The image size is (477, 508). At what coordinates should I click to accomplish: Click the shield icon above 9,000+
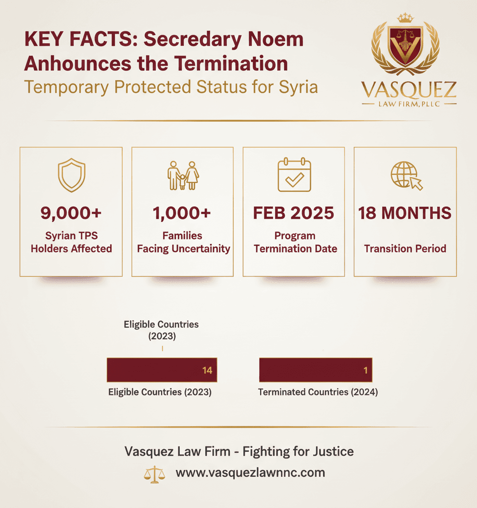71,176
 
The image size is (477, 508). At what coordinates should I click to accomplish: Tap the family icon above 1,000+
183,176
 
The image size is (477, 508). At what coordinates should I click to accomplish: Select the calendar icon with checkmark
294,175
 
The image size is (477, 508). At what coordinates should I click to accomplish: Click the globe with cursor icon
406,175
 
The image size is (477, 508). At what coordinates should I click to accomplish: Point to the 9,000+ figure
71,213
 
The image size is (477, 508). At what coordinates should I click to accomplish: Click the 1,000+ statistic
182,213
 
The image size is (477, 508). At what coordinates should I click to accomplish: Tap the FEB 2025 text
294,213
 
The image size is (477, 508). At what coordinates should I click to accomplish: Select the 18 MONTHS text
405,213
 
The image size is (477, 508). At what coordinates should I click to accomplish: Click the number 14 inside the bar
207,370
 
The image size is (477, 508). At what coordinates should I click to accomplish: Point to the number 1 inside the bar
365,370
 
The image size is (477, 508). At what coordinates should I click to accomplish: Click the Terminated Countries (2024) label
318,392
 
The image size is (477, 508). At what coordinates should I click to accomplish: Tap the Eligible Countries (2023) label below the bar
160,392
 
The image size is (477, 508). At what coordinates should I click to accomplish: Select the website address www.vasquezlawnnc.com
250,472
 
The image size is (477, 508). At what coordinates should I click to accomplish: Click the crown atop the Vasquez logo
405,18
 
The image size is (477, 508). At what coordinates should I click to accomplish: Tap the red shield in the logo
405,46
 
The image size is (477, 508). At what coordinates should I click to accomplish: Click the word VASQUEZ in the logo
409,91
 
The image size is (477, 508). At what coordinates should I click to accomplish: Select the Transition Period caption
405,249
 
